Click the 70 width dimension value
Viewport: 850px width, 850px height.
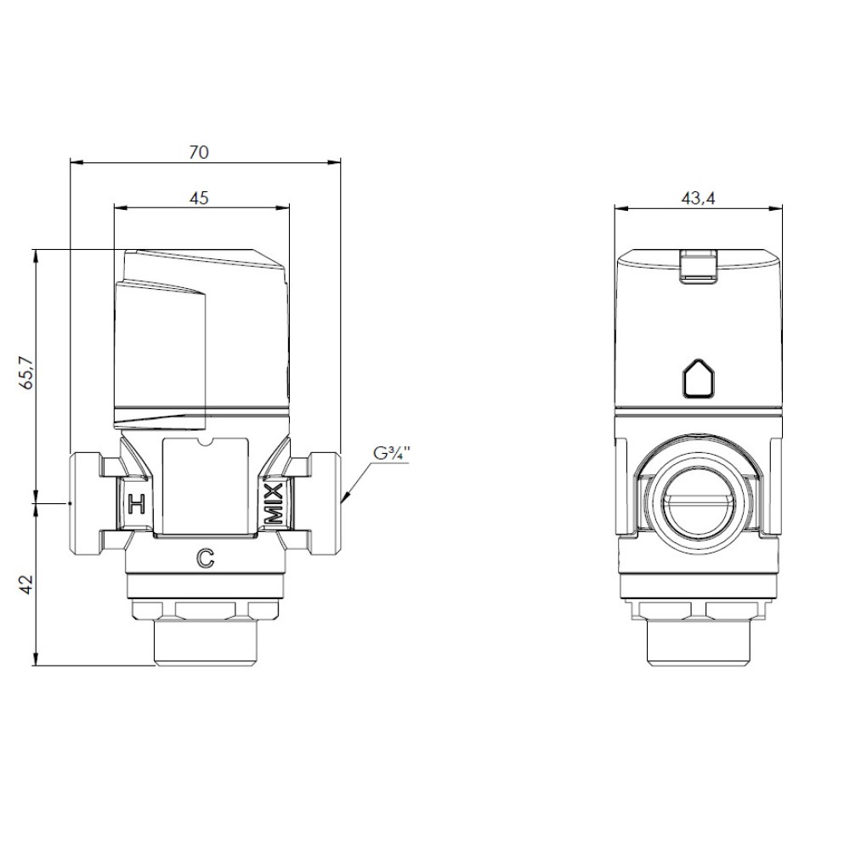(198, 152)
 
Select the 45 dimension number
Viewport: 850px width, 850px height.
(199, 198)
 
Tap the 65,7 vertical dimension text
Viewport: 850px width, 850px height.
(26, 373)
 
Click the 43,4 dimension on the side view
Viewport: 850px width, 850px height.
(698, 198)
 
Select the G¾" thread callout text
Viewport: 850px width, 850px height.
(391, 453)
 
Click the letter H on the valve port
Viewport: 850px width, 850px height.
(136, 503)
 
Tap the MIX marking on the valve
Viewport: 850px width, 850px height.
(274, 503)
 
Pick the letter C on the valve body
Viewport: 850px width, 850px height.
(206, 558)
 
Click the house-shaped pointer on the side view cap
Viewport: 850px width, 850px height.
(698, 378)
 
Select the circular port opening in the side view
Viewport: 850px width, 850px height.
(698, 505)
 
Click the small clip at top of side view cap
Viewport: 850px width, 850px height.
(698, 265)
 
